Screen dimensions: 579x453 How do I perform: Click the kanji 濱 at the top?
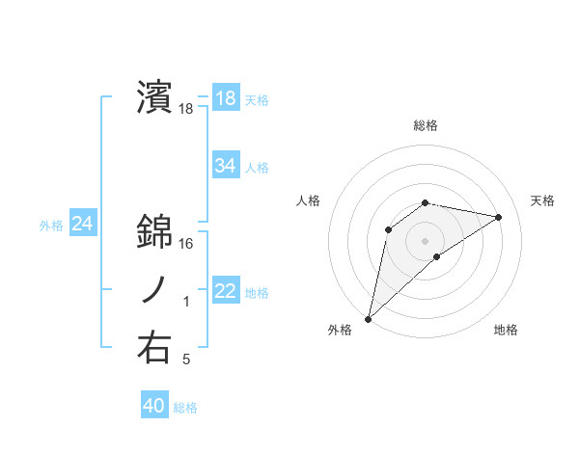pos(154,98)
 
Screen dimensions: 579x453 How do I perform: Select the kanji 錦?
pos(154,231)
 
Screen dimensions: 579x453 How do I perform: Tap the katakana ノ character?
pos(154,291)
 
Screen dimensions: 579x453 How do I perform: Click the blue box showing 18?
pos(225,98)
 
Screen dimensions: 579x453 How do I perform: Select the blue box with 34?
pos(225,166)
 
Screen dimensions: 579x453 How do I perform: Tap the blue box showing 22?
pos(225,291)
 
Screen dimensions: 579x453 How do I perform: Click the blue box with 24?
pos(82,225)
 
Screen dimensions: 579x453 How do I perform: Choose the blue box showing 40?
pos(153,406)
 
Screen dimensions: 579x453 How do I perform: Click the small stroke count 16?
pos(187,244)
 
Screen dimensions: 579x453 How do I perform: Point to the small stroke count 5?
pos(186,360)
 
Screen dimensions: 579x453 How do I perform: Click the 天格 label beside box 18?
pos(257,99)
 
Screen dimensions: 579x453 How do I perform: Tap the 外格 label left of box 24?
pos(51,226)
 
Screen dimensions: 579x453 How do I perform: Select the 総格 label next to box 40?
pos(185,408)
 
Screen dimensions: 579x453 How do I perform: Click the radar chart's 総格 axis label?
pos(426,125)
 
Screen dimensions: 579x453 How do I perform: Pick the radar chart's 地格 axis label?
pos(506,330)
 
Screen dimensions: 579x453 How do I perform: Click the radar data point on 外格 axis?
pos(368,319)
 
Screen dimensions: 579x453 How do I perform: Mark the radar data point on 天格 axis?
pos(499,217)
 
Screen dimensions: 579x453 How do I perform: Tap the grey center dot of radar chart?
pos(426,240)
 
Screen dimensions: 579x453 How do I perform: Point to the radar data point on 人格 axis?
pos(389,228)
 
